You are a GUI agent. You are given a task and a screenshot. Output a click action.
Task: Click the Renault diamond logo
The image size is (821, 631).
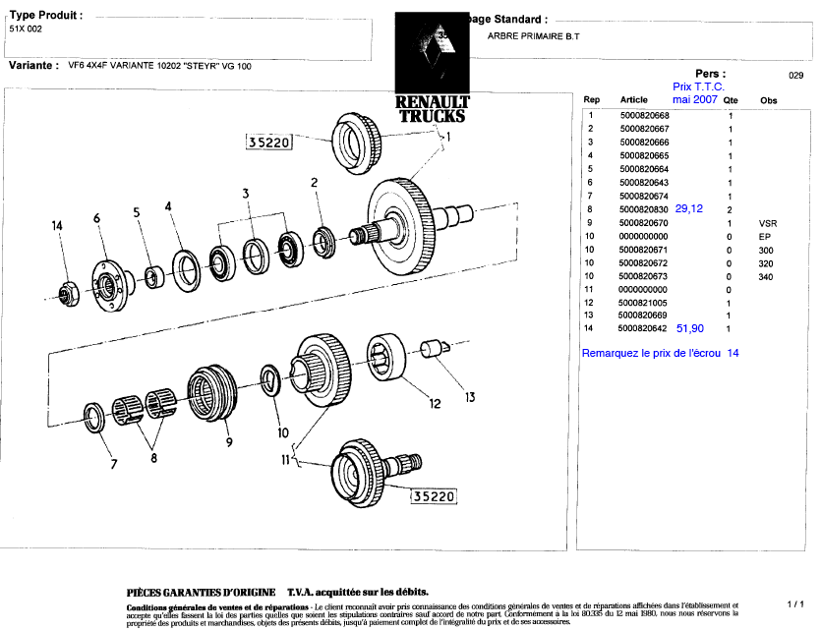tap(432, 54)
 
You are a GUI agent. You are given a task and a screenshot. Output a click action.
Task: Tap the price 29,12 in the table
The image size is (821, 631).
tap(689, 208)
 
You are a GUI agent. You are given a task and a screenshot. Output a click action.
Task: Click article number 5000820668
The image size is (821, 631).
tap(645, 116)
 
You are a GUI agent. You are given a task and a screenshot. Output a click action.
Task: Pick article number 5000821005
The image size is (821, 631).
tap(645, 303)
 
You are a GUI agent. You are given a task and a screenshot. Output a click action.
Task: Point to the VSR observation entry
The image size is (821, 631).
tap(768, 223)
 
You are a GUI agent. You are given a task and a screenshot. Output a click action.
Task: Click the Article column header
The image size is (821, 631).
tap(634, 100)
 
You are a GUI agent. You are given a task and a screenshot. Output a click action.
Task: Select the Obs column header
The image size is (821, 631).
tap(768, 100)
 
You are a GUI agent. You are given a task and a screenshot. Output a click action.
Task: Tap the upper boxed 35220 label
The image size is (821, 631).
tap(268, 143)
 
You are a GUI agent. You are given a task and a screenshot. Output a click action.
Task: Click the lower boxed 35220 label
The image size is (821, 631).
tap(434, 496)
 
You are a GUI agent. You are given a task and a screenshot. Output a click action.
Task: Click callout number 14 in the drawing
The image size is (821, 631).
tap(58, 226)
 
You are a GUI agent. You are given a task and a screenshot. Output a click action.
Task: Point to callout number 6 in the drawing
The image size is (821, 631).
tap(97, 217)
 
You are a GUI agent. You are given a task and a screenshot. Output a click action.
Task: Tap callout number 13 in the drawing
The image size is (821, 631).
tap(470, 397)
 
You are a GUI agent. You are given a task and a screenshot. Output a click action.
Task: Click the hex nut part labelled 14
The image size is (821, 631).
tap(65, 292)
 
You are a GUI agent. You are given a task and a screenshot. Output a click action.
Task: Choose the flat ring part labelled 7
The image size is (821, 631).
tap(94, 417)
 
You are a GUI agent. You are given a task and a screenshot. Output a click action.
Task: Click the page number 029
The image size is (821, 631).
tap(796, 75)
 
